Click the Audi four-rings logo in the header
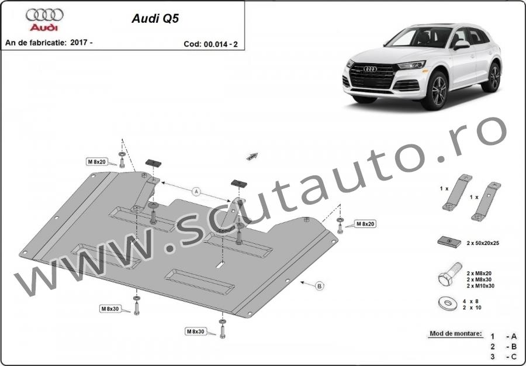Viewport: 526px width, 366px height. (44, 15)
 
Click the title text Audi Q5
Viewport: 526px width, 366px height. (155, 19)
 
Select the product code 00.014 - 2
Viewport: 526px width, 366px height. (220, 44)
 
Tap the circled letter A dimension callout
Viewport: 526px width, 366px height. (196, 192)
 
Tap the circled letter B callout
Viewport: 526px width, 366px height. (320, 286)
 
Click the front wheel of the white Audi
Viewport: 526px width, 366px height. (435, 91)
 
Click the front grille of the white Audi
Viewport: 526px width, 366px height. (371, 75)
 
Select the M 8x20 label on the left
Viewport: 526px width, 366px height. (96, 162)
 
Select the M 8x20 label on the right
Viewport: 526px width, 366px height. (365, 224)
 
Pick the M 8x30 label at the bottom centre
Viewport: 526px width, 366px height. (195, 332)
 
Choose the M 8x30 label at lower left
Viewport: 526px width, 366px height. (110, 309)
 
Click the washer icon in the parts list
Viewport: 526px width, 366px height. (448, 304)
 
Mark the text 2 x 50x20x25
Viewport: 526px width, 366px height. (482, 243)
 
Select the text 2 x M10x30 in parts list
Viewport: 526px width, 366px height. (480, 286)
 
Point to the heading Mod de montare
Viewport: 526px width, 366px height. (455, 333)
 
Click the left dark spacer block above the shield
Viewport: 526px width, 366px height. (153, 163)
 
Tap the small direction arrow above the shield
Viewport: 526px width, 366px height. (252, 156)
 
